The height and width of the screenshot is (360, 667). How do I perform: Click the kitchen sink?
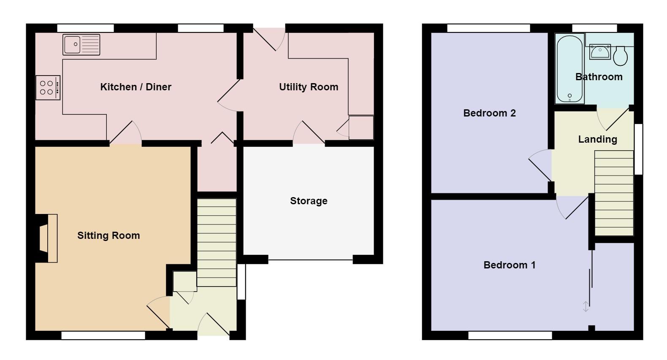[x=81, y=45]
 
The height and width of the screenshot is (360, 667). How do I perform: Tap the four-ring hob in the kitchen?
[x=48, y=87]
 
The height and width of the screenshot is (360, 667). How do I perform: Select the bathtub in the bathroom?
[x=569, y=69]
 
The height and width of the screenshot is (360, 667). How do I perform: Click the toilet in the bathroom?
[x=620, y=56]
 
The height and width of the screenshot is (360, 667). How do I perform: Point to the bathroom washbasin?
[x=600, y=52]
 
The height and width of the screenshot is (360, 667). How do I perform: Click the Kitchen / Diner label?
[x=136, y=87]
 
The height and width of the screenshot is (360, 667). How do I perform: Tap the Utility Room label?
[x=309, y=87]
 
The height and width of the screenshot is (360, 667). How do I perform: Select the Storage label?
[x=309, y=201]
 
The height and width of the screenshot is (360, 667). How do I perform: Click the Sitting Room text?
[x=108, y=235]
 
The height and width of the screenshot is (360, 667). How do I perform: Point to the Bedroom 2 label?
[x=489, y=113]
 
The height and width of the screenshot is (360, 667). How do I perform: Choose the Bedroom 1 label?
[x=509, y=265]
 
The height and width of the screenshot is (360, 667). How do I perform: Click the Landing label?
[x=598, y=139]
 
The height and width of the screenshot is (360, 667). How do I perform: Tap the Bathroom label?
[x=599, y=77]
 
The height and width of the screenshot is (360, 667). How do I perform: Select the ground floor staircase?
[x=217, y=242]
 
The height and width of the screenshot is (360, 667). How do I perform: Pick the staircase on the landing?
[x=614, y=193]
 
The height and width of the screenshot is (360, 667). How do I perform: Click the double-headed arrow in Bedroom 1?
[x=586, y=307]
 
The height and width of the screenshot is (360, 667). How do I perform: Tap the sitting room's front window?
[x=103, y=336]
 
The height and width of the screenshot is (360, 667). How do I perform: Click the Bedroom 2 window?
[x=488, y=28]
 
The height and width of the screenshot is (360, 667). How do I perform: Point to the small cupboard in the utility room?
[x=361, y=127]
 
